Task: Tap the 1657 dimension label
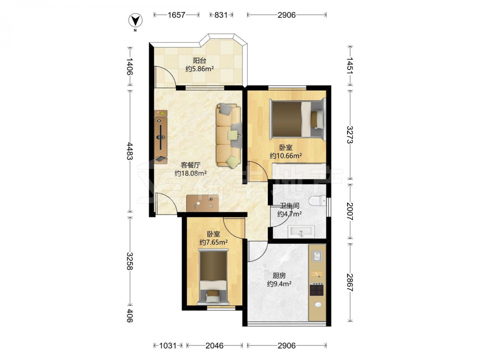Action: (x=176, y=15)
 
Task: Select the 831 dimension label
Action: (x=221, y=15)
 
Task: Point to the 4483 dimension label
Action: (x=129, y=151)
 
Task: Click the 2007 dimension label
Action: (x=349, y=212)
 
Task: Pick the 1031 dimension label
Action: (x=168, y=346)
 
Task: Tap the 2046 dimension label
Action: (x=215, y=346)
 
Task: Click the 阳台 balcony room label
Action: (x=199, y=60)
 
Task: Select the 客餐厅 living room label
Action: (x=191, y=165)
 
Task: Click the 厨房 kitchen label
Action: (x=279, y=276)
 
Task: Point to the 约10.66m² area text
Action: (x=286, y=156)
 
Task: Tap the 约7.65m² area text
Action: (x=214, y=242)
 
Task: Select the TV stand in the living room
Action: (x=161, y=137)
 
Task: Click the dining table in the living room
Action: (x=203, y=203)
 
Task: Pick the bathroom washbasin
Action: (x=301, y=231)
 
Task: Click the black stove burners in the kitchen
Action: (x=317, y=289)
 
